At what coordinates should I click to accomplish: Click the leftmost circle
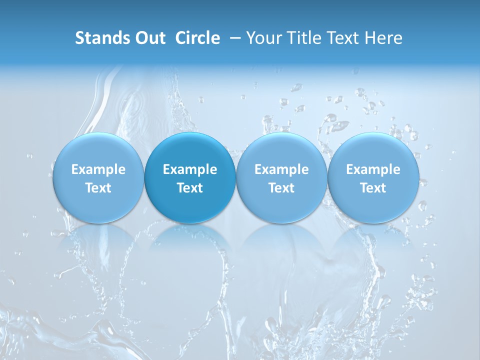[98, 150]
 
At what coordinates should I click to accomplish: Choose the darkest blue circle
[190, 150]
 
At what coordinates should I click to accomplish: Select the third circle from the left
[281, 150]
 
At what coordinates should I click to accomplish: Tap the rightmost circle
[373, 150]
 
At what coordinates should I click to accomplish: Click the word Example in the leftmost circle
[98, 170]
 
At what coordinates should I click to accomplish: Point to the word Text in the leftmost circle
[98, 188]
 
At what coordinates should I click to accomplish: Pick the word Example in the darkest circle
[190, 170]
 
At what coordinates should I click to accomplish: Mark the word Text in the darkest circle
[190, 188]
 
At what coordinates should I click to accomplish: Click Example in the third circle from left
[281, 170]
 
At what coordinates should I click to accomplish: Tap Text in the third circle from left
[281, 188]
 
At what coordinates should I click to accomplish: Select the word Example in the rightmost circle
[373, 170]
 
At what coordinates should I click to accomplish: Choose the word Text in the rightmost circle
[373, 188]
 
